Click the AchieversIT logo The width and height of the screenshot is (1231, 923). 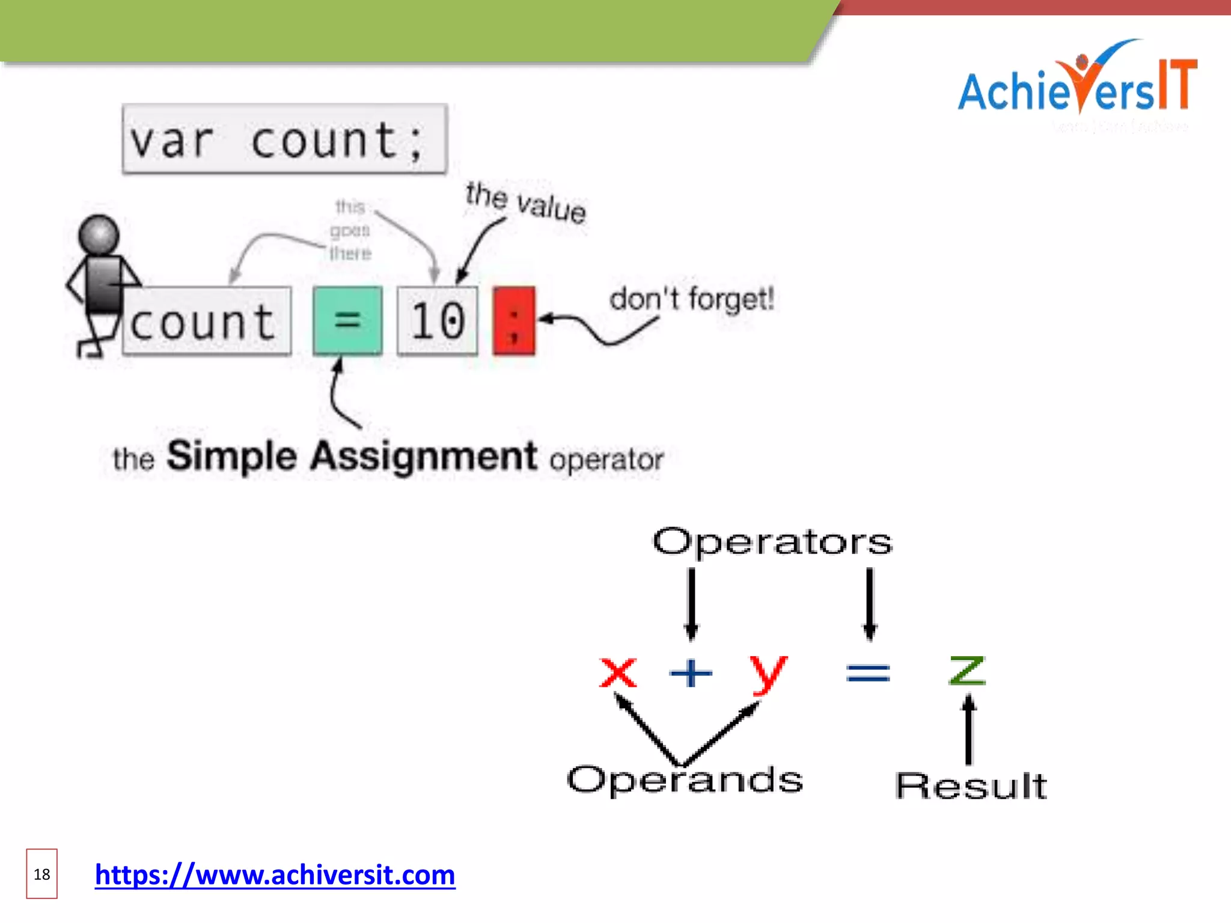(1076, 84)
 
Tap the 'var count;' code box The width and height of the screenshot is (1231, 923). (284, 139)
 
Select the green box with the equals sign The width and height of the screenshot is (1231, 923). (347, 320)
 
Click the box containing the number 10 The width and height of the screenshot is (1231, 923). (438, 321)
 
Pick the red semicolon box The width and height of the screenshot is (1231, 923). (514, 321)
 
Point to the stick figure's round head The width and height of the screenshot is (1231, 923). (99, 234)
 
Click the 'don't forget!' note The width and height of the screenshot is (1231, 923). (691, 299)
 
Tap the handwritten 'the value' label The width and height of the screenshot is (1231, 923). (525, 202)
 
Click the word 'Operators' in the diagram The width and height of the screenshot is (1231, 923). (772, 542)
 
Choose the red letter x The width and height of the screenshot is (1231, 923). (618, 672)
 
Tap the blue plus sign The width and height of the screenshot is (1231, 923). (691, 672)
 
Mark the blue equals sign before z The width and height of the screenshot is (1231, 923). (868, 672)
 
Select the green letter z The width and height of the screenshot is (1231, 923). (967, 671)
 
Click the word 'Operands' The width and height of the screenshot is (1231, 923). (685, 780)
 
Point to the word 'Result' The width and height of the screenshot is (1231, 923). (971, 785)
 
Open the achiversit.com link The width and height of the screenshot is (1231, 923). (275, 875)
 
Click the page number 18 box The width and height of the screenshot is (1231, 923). (41, 874)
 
